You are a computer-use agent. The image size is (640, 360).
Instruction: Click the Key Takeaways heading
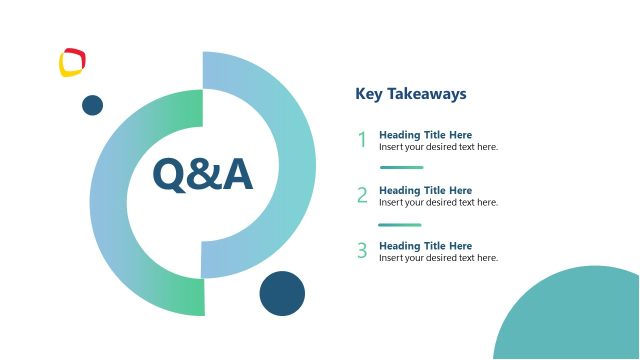[x=411, y=94]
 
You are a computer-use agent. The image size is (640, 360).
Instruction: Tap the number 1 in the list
[x=362, y=141]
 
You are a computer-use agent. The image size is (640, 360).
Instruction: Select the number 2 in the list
[x=362, y=196]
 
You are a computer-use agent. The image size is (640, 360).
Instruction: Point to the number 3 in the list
[x=362, y=251]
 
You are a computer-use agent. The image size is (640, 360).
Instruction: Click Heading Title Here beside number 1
[x=425, y=135]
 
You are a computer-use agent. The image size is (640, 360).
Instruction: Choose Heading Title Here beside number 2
[x=425, y=190]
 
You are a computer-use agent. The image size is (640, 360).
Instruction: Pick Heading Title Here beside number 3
[x=425, y=246]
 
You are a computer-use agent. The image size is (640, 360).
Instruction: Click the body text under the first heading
[x=438, y=147]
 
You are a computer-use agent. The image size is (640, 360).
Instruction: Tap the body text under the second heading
[x=438, y=203]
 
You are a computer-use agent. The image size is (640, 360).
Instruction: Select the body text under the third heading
[x=438, y=258]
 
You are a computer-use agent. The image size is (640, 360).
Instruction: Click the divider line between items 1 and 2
[x=401, y=168]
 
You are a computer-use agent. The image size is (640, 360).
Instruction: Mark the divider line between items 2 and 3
[x=399, y=225]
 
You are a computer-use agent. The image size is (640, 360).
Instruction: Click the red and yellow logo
[x=72, y=62]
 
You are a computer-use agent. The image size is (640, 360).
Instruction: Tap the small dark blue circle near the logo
[x=92, y=105]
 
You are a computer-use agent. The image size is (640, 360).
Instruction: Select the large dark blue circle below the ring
[x=282, y=293]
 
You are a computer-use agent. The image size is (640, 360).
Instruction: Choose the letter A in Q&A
[x=237, y=175]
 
